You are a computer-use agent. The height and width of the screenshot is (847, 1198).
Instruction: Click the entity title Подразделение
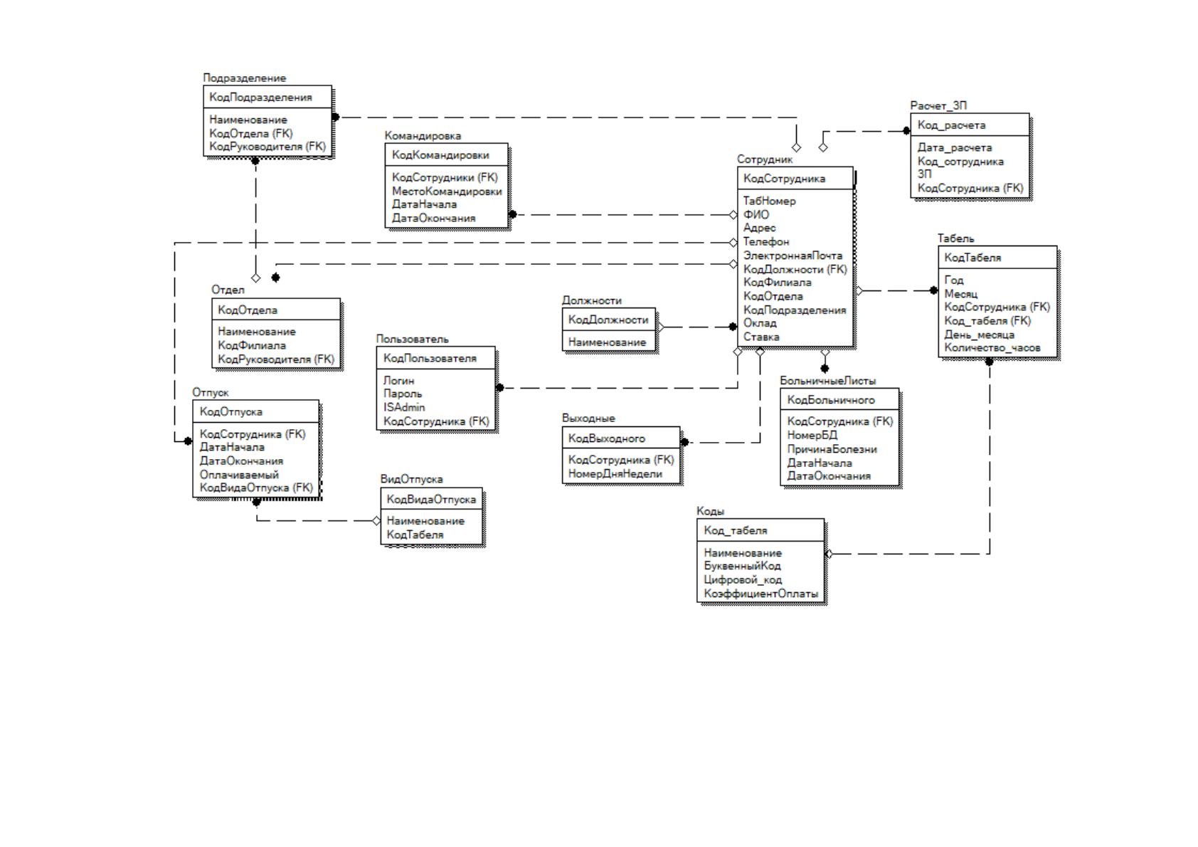[245, 78]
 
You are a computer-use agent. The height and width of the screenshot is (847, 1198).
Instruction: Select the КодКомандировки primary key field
[440, 155]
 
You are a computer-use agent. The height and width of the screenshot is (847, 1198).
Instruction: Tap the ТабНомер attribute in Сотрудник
[769, 201]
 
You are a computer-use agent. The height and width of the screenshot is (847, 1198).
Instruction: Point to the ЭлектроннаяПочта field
[793, 256]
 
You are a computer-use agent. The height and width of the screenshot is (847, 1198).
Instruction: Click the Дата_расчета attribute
[955, 147]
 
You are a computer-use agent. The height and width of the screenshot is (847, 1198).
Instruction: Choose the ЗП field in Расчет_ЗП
[925, 174]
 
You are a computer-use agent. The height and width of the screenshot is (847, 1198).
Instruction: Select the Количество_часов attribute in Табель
[992, 348]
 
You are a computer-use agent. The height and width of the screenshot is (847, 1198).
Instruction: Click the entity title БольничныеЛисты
[827, 381]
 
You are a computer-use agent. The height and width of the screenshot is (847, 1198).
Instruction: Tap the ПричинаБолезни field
[832, 449]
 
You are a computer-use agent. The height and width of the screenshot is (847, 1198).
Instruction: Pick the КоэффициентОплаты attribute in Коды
[760, 594]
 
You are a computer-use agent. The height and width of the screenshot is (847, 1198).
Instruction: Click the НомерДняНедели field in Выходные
[615, 474]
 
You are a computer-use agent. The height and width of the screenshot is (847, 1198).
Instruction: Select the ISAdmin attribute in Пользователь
[404, 408]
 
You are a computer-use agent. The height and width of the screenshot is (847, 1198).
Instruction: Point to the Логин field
[398, 381]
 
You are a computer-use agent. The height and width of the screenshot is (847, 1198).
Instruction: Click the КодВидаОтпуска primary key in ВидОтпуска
[431, 500]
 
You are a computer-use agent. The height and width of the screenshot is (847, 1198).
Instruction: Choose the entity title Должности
[591, 300]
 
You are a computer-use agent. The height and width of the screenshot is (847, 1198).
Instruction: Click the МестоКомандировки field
[447, 191]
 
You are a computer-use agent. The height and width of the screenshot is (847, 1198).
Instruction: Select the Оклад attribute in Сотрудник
[760, 323]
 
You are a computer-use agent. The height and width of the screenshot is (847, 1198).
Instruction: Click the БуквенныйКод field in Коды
[742, 566]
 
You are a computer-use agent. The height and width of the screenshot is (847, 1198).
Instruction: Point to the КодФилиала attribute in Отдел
[251, 346]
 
